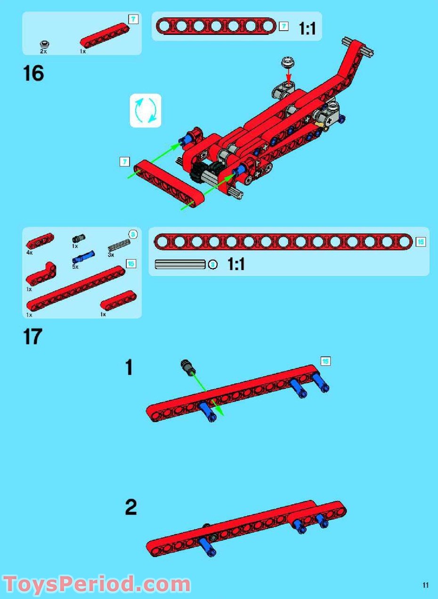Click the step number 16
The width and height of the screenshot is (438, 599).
(33, 74)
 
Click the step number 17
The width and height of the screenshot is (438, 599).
(32, 337)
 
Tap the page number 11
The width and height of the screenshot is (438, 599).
(425, 585)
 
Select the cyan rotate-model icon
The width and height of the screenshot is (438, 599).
(146, 111)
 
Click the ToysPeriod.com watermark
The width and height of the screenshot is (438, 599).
(97, 584)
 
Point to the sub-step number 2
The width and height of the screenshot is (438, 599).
(131, 508)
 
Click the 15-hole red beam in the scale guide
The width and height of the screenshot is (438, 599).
(283, 242)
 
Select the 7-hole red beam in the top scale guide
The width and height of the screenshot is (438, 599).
(216, 26)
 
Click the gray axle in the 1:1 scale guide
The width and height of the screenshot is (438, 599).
(180, 265)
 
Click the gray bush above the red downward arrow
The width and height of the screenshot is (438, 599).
(287, 62)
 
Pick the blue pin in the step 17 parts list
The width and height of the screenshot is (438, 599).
(83, 257)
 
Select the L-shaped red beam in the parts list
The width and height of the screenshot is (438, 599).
(41, 274)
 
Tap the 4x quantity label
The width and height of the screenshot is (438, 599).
(29, 253)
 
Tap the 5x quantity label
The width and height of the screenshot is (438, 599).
(75, 267)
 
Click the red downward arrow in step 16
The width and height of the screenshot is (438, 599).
(288, 75)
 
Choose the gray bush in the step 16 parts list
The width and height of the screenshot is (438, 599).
(45, 45)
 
